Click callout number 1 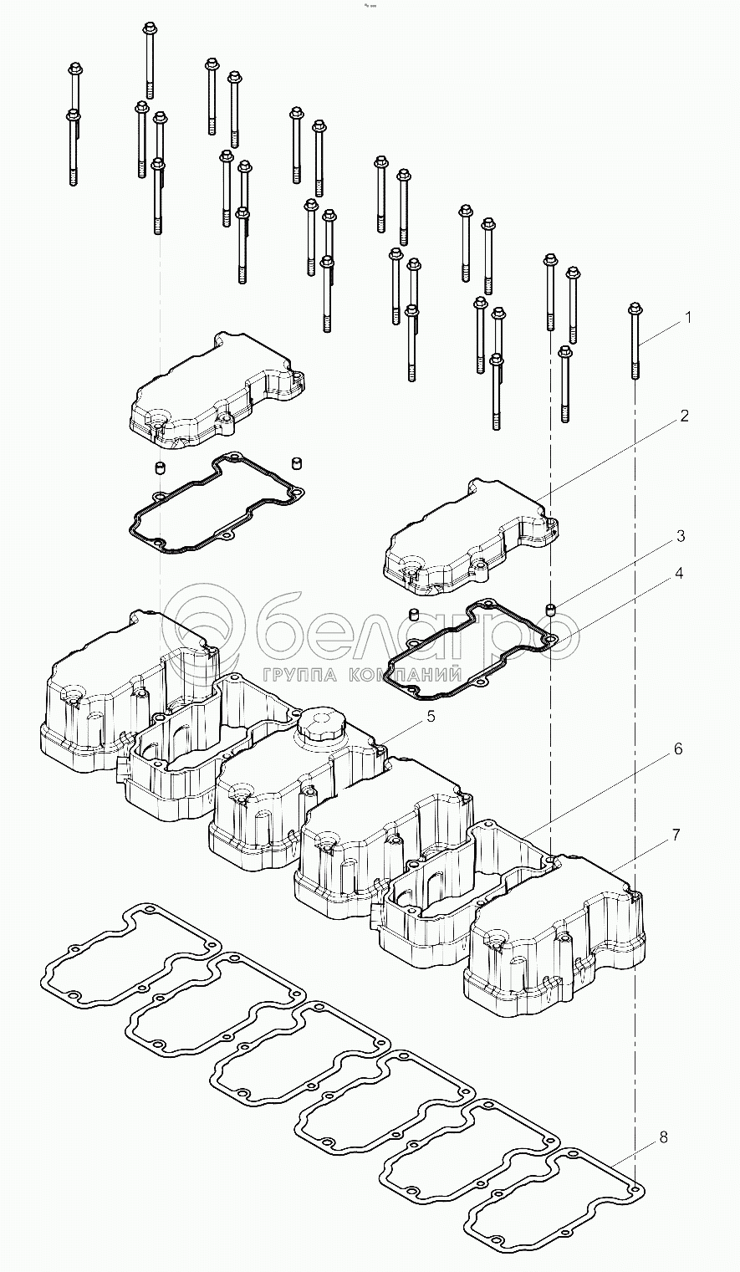tap(688, 318)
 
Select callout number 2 tap(684, 416)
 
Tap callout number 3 tap(681, 534)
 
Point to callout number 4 tap(679, 573)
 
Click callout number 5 tap(431, 716)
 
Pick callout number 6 tap(678, 749)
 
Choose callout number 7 tap(676, 835)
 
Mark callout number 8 tap(663, 1137)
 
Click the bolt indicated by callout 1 tap(635, 343)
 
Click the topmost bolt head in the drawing tap(150, 31)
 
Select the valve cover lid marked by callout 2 tap(468, 535)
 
